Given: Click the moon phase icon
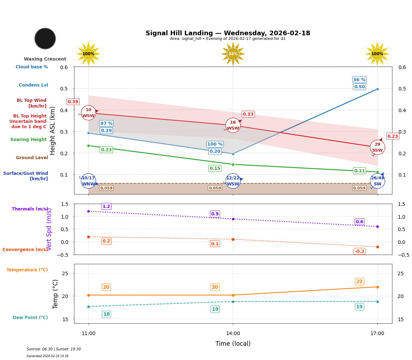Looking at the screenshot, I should (x=45, y=38).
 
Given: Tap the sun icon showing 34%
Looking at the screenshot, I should (x=233, y=54).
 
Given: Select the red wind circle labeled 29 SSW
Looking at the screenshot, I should (x=377, y=147).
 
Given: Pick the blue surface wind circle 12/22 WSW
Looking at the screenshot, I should (x=233, y=181).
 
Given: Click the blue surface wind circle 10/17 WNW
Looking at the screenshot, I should (x=88, y=181).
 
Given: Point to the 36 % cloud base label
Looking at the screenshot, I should (x=359, y=80).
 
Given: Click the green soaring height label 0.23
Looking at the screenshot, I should (x=106, y=150).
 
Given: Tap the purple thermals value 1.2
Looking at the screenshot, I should (x=106, y=207).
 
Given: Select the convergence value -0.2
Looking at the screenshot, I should (x=359, y=251).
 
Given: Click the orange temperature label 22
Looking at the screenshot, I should (x=359, y=282).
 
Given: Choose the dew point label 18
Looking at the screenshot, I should (x=106, y=314).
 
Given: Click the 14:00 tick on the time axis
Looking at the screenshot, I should (x=233, y=334).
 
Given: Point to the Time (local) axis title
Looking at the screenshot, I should (x=233, y=344).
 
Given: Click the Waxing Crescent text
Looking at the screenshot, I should (x=45, y=59).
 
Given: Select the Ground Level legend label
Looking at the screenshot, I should (x=32, y=158).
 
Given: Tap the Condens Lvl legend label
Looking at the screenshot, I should (x=33, y=85).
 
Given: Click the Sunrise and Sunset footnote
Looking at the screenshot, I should (x=54, y=349).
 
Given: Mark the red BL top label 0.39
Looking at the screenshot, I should (x=73, y=102).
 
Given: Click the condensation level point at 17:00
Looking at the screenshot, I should (x=377, y=89).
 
